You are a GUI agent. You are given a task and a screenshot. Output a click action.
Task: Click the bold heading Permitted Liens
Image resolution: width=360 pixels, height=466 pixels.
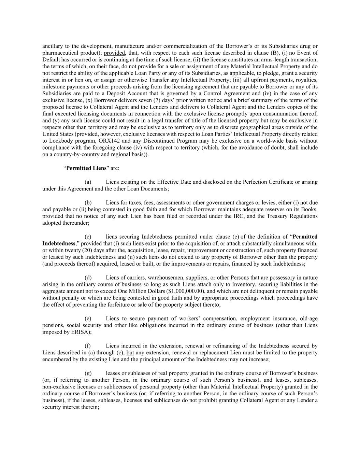[86, 168]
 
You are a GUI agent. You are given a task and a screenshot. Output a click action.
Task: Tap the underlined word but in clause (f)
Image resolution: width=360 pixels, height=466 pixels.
[130, 353]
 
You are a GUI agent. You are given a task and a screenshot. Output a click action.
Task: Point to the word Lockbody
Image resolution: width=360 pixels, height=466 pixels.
[60, 141]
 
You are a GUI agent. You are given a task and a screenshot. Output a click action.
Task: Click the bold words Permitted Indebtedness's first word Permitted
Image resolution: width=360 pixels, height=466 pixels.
[305, 237]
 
